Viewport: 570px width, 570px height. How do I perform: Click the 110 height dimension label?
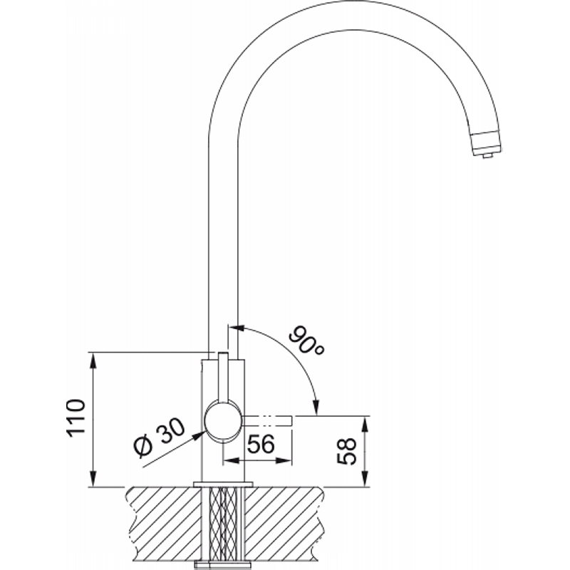pyautogui.click(x=76, y=418)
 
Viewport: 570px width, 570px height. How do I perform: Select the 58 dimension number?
pyautogui.click(x=346, y=451)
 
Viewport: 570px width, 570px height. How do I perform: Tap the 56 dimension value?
pyautogui.click(x=261, y=443)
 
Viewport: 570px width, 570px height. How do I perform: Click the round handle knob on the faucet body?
pyautogui.click(x=223, y=422)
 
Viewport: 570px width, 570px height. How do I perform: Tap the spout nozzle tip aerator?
pyautogui.click(x=486, y=145)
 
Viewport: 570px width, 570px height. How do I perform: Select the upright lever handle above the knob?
pyautogui.click(x=223, y=378)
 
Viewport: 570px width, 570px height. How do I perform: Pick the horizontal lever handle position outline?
pyautogui.click(x=267, y=420)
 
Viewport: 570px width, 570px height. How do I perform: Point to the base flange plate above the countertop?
pyautogui.click(x=223, y=484)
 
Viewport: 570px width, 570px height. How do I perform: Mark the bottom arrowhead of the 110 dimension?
pyautogui.click(x=93, y=478)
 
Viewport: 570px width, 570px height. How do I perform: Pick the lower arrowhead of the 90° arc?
pyautogui.click(x=316, y=406)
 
